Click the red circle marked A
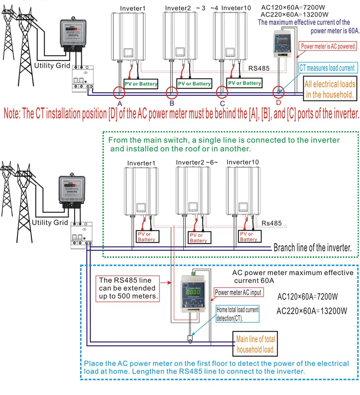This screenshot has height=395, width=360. point(119,92)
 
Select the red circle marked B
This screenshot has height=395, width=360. point(172,92)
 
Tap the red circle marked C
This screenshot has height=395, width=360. point(222,92)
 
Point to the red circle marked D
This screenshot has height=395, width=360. point(279,92)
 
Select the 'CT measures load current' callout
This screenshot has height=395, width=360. point(327,68)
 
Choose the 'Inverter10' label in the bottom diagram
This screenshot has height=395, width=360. point(242,162)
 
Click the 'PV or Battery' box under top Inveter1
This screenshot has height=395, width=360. point(141,84)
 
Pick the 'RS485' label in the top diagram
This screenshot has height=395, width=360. point(259,68)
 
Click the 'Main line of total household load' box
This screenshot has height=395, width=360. point(256,344)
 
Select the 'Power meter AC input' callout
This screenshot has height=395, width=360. point(238,292)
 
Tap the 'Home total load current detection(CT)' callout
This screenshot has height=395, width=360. point(238,314)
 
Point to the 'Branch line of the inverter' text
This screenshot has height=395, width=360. point(312,247)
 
